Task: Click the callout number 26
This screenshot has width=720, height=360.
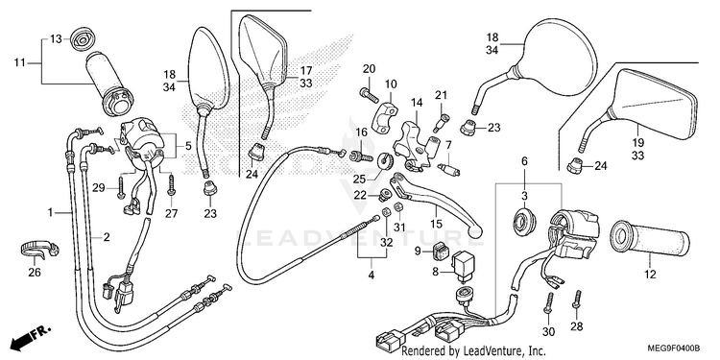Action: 35,273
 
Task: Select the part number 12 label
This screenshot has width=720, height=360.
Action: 650,275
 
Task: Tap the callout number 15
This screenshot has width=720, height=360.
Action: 436,224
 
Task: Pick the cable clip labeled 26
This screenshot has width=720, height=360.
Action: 39,248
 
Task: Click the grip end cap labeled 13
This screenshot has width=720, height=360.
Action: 83,39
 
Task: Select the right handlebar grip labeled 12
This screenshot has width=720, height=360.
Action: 650,239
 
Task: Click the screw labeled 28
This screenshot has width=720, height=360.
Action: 577,304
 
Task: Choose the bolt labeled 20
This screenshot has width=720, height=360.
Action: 369,95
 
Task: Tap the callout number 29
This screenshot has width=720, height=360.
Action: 99,188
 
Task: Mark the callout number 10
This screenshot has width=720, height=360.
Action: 391,84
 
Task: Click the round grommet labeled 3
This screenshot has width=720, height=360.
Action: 522,220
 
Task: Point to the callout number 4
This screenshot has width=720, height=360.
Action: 371,276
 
